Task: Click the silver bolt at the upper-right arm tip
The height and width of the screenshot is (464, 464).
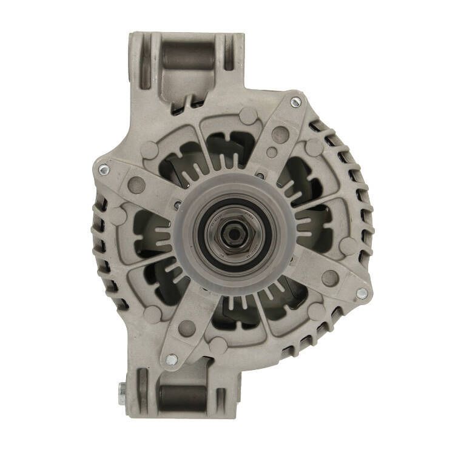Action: click(295, 101)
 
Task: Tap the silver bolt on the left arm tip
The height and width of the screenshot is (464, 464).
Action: click(104, 170)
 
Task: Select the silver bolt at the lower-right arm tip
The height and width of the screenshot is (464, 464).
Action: click(361, 294)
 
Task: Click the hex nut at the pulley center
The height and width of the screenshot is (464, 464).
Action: click(233, 231)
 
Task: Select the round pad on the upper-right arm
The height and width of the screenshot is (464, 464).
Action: click(280, 135)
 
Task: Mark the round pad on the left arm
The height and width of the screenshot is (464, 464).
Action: click(136, 184)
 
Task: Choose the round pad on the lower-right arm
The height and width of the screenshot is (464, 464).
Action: click(329, 278)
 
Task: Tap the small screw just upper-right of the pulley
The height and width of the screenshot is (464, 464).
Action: click(260, 177)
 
